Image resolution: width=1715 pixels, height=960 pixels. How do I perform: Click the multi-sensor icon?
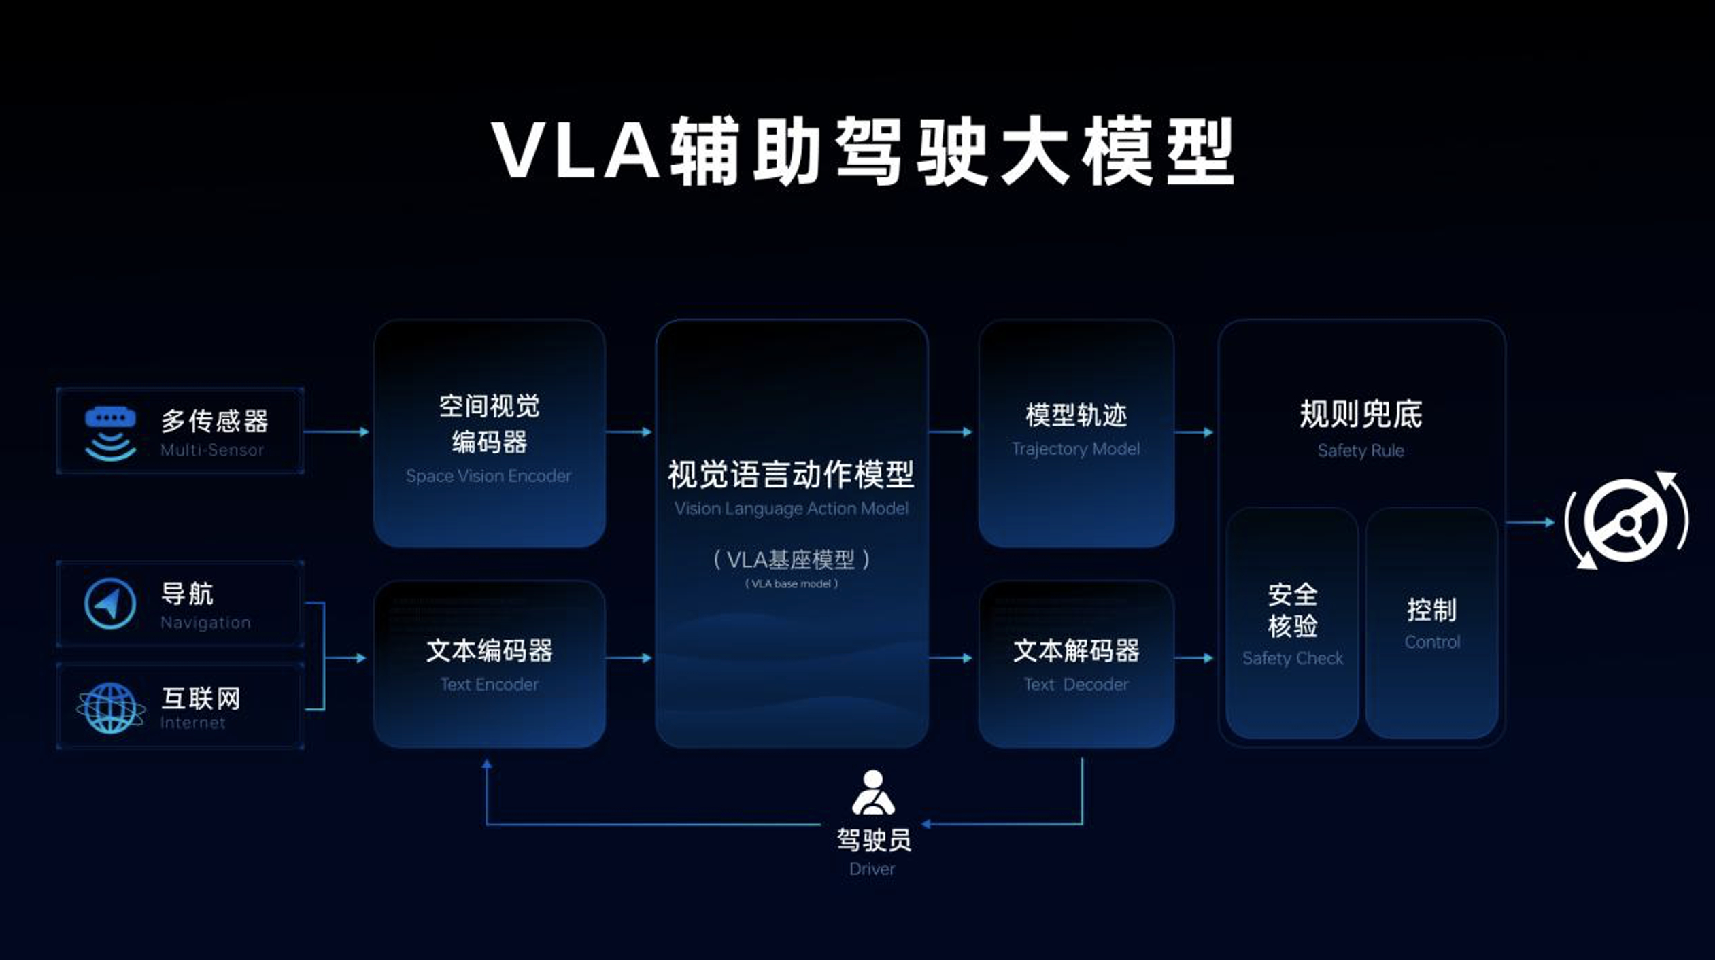(x=110, y=433)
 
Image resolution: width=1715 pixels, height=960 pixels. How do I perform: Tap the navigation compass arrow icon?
(x=110, y=603)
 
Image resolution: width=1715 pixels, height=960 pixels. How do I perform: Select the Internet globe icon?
(x=110, y=708)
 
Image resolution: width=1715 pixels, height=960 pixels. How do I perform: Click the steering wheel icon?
(x=1626, y=521)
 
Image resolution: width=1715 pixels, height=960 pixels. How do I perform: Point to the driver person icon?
(x=872, y=793)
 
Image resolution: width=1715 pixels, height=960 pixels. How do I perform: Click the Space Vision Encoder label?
(x=488, y=476)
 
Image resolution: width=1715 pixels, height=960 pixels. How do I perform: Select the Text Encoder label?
(x=489, y=684)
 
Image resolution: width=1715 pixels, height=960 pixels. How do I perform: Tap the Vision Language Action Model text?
(x=791, y=509)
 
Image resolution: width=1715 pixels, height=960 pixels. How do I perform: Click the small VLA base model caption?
(x=791, y=584)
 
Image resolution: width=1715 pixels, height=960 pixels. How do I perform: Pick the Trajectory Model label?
(x=1075, y=449)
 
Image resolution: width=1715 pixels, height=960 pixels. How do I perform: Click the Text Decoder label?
(x=1076, y=684)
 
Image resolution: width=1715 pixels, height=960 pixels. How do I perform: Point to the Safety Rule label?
(x=1360, y=450)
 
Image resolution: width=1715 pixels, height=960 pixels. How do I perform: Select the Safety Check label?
(x=1292, y=658)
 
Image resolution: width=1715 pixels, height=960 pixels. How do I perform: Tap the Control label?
(x=1432, y=642)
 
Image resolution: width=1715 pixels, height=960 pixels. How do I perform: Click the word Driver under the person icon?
(x=872, y=869)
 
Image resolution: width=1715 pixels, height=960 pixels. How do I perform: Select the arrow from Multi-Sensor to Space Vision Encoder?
(x=337, y=432)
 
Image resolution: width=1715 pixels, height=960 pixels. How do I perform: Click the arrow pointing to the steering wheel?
(x=1530, y=522)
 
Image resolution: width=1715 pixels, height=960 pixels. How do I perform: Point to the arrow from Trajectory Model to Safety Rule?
(x=1194, y=432)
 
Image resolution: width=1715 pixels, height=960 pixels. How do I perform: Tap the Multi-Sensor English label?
(x=211, y=450)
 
